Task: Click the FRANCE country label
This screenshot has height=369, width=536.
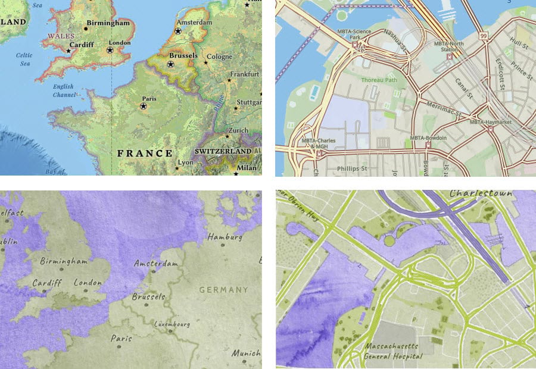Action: (145, 154)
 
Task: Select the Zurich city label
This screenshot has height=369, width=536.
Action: (238, 130)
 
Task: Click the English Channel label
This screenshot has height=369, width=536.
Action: (63, 90)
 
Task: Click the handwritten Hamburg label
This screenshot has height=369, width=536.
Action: (225, 237)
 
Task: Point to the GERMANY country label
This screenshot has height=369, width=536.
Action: (223, 290)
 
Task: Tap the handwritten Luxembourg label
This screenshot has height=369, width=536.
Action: (172, 324)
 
